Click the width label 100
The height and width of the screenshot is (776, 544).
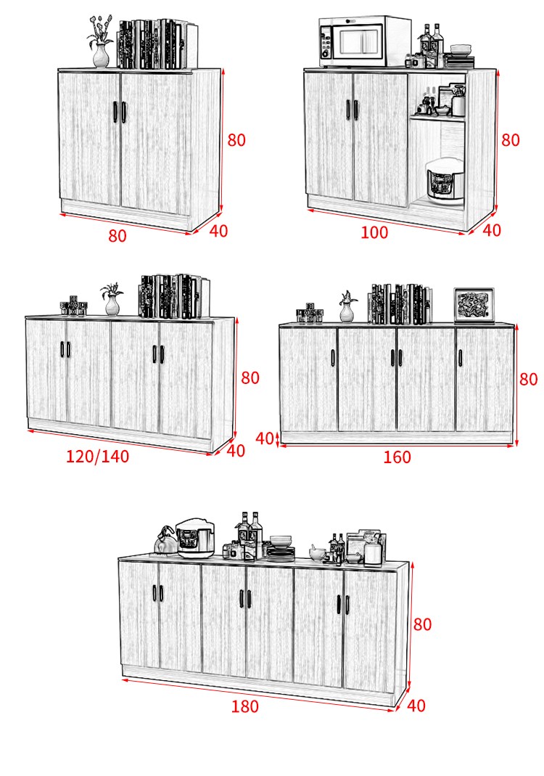coord(374,232)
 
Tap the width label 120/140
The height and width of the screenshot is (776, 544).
coord(97,456)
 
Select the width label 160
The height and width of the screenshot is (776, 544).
coord(397,457)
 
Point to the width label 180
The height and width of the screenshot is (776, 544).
coord(245,706)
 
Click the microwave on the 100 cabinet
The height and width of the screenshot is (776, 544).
coord(365,41)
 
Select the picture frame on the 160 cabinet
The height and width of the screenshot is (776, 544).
coord(474,306)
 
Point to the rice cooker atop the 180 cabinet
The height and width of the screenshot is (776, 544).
coord(195,537)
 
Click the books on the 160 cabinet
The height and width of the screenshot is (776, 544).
coord(400,304)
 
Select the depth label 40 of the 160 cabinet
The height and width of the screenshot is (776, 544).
coord(265,438)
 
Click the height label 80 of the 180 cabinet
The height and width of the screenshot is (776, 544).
coord(422,624)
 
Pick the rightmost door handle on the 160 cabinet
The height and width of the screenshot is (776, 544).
coord(460,358)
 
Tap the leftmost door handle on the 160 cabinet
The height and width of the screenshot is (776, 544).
coord(333,358)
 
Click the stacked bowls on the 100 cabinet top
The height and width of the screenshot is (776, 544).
coord(461,50)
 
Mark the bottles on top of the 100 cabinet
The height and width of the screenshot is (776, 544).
coord(432,46)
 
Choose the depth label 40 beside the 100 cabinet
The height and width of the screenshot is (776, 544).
coord(492,230)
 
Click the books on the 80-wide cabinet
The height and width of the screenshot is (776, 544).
coord(157,44)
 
